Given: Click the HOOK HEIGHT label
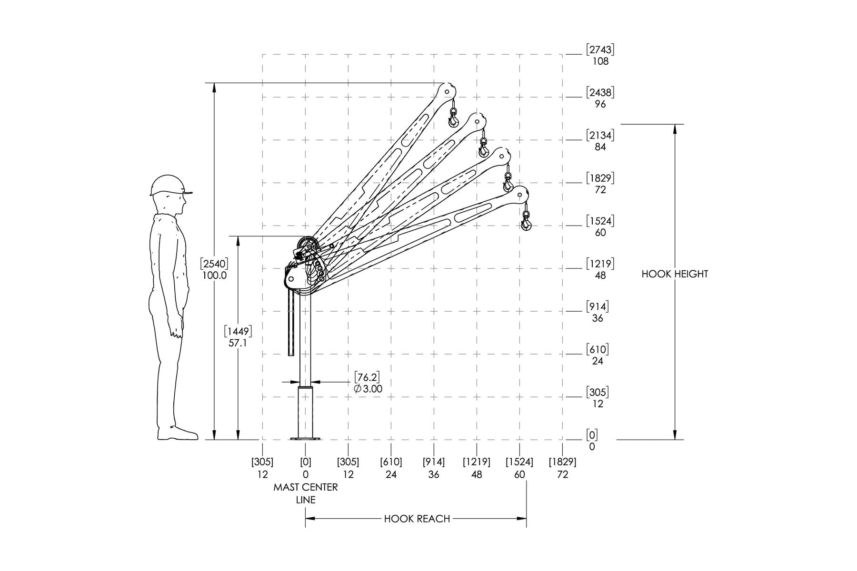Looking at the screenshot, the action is pos(675,274).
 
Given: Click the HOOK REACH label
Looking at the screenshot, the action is pos(417,519).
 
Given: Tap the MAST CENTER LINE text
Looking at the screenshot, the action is pos(306,493).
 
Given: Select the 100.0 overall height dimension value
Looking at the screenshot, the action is pos(215,276).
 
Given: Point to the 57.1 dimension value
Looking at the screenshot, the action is pos(238,343).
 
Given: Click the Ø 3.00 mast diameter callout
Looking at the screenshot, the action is pos(368,389).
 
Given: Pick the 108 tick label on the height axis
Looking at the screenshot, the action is pos(600,61).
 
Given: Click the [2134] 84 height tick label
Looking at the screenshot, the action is pos(600,141).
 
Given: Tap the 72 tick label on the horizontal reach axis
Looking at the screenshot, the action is pos(563,474).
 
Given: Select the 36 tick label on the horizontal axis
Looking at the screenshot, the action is pos(434,474).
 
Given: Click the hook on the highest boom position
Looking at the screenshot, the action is pos(453,118).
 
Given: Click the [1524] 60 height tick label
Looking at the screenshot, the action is pos(600,226).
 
